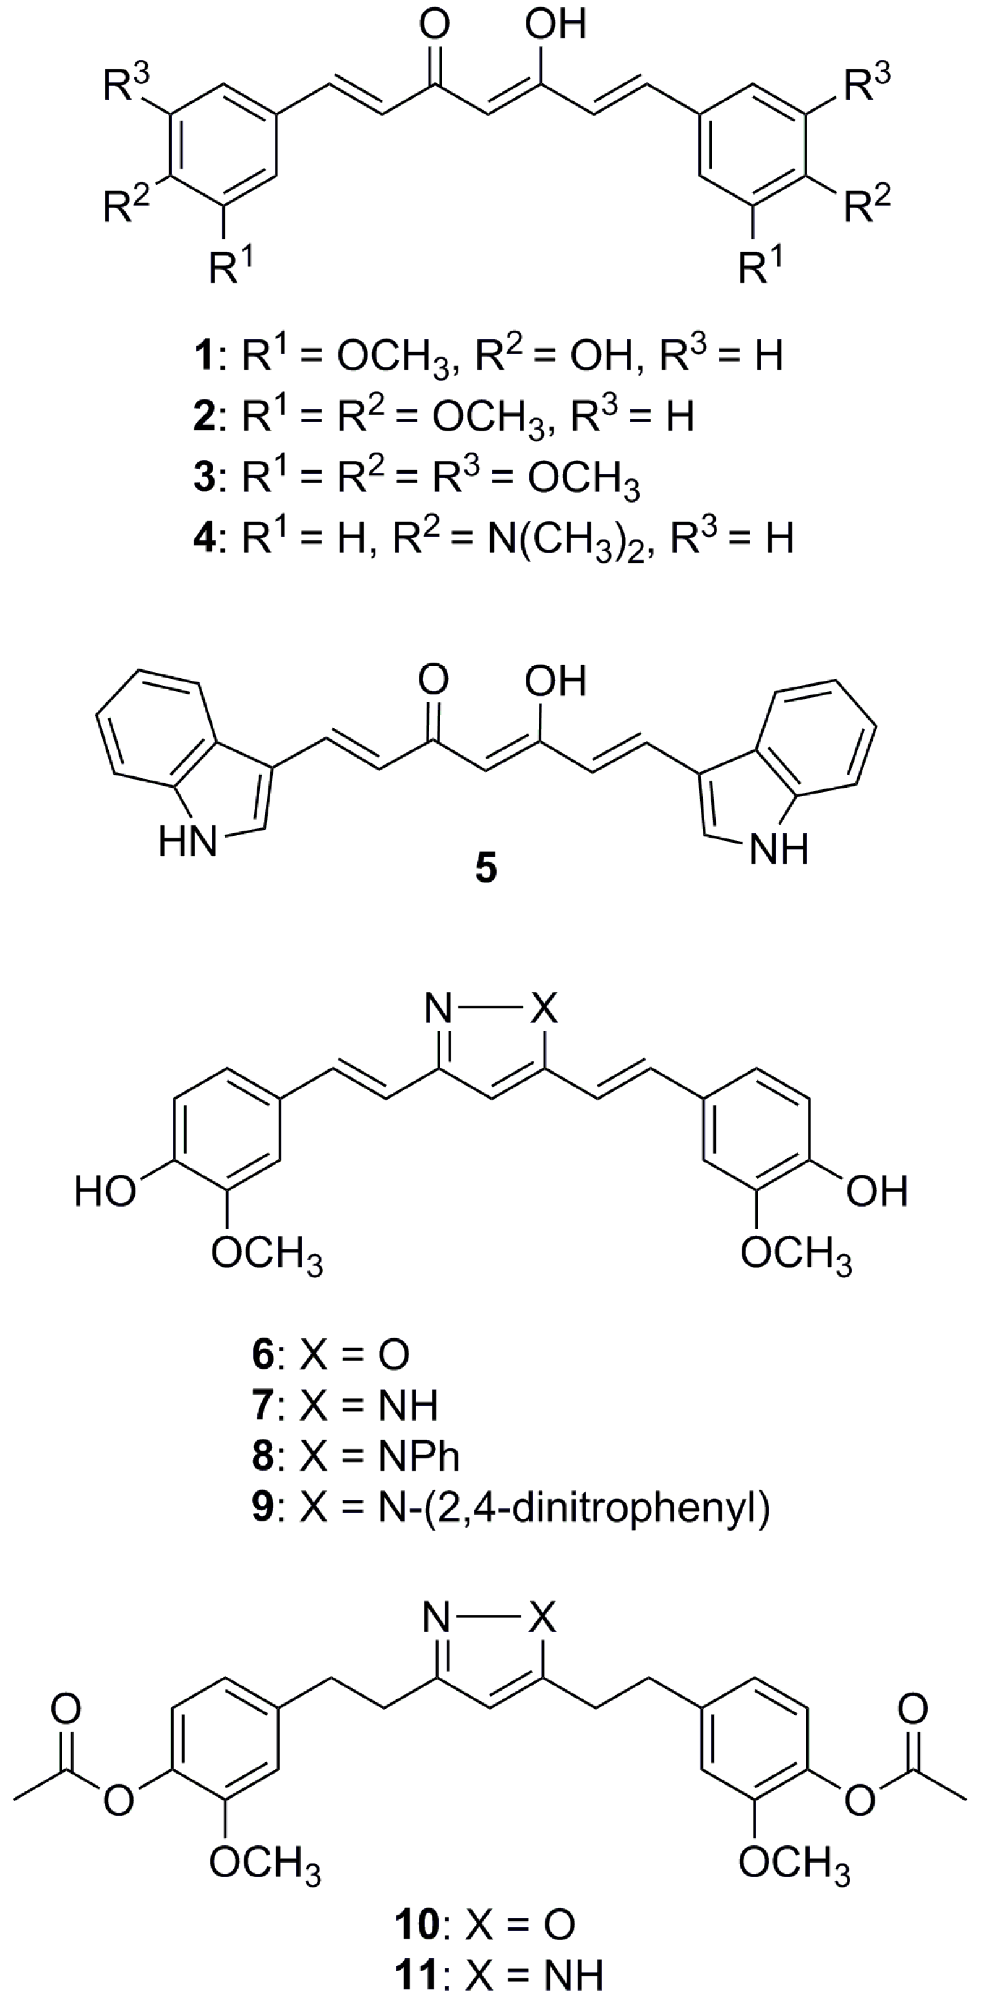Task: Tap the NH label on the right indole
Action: pos(779,851)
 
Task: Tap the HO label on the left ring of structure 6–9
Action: pos(105,1192)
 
